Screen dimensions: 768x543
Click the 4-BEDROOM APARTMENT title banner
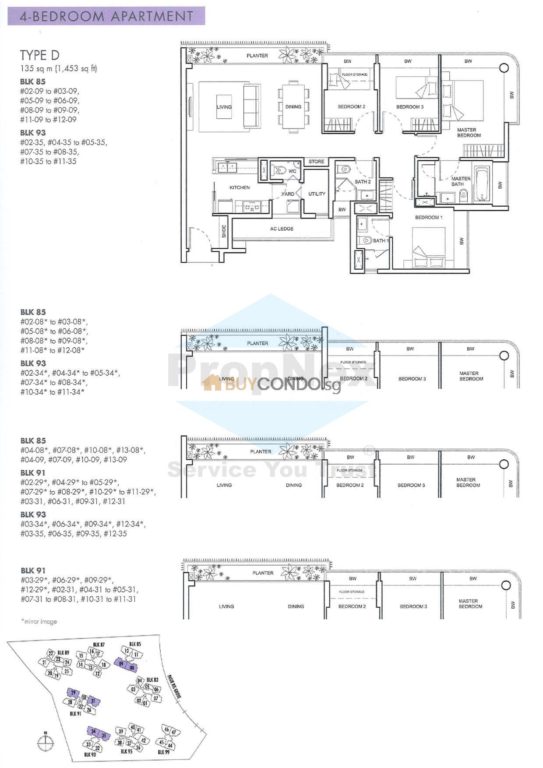point(106,16)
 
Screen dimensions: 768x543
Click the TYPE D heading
point(39,55)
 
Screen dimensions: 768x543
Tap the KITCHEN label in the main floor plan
point(240,187)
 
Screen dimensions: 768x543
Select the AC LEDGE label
point(282,229)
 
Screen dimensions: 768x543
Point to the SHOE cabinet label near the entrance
point(224,231)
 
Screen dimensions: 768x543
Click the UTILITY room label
point(317,194)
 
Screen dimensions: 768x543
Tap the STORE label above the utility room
point(316,162)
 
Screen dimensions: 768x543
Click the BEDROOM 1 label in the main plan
point(429,217)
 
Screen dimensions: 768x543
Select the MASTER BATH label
point(461,181)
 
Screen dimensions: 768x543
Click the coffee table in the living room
point(224,107)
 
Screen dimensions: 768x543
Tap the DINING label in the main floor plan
point(293,106)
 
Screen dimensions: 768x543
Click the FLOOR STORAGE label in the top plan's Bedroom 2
point(354,74)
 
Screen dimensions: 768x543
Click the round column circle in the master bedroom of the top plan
point(504,68)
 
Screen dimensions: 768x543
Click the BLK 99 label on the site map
point(164,752)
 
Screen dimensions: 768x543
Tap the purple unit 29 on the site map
point(73,693)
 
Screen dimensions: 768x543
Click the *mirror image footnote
point(39,621)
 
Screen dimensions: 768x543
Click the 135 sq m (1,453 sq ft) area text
point(58,69)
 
